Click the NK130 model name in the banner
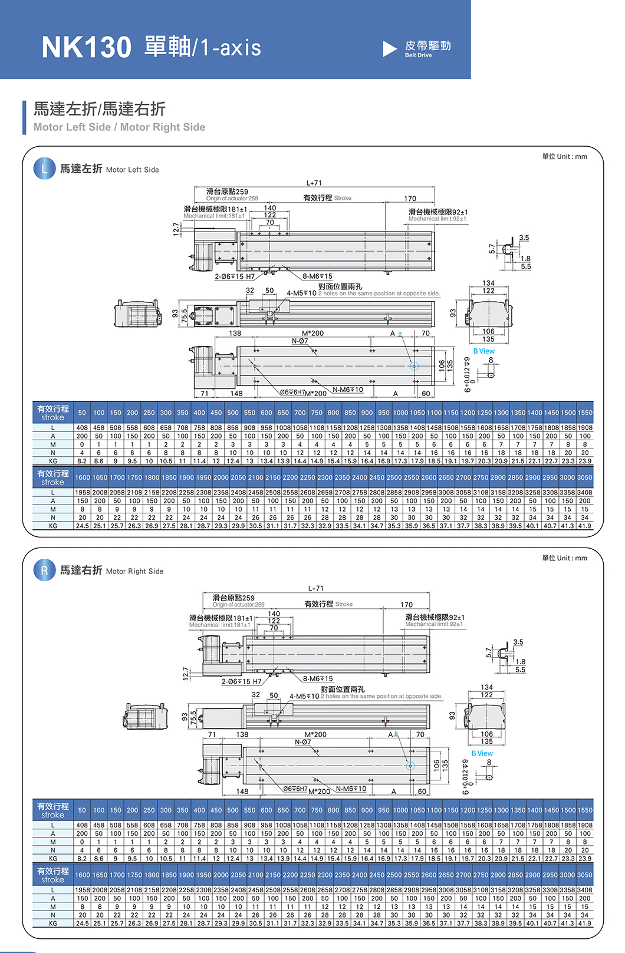pos(86,47)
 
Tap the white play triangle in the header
pos(390,49)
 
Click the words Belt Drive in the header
pos(418,55)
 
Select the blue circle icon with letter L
pos(44,169)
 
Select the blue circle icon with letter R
pos(44,570)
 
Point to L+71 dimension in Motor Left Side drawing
pos(314,183)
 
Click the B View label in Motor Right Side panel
pos(482,753)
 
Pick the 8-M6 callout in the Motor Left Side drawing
pos(317,276)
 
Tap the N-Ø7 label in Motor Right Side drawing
pos(302,742)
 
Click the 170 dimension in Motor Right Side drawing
pos(407,605)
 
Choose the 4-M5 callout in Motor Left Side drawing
pos(301,293)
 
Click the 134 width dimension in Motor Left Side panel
pos(488,283)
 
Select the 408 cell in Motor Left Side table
pos(82,428)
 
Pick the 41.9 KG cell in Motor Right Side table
pos(584,924)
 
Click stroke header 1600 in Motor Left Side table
pos(83,478)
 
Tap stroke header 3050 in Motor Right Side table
pos(584,875)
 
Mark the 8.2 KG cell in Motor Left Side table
pos(82,461)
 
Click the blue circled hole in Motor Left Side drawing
pos(414,366)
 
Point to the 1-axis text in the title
pos(231,47)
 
